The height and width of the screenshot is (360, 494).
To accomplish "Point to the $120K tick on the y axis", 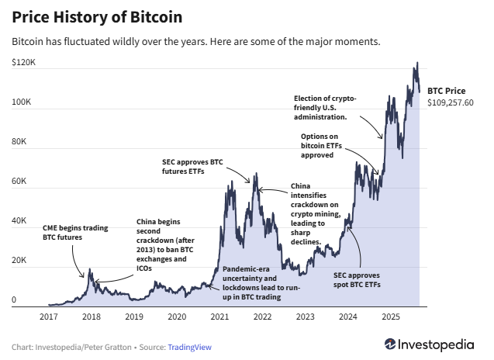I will (24, 61).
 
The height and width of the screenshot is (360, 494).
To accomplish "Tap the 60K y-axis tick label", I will (19, 182).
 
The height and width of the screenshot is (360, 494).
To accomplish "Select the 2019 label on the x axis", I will (134, 317).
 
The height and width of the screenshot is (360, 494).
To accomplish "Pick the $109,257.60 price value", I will (450, 102).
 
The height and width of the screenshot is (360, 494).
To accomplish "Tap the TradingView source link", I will (189, 347).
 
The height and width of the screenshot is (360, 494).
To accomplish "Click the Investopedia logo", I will (431, 344).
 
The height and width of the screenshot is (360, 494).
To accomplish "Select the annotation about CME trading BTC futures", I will (75, 233).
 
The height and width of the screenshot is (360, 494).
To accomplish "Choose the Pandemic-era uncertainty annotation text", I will (249, 282).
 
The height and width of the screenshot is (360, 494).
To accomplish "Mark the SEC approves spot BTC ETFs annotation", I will (357, 279).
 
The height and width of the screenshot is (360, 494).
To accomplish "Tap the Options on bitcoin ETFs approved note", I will (328, 146).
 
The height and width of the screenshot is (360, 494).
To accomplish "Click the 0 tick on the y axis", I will (14, 300).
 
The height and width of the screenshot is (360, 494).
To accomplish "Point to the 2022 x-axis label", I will (262, 317).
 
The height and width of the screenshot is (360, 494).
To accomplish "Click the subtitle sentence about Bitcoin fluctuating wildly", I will (196, 41).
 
